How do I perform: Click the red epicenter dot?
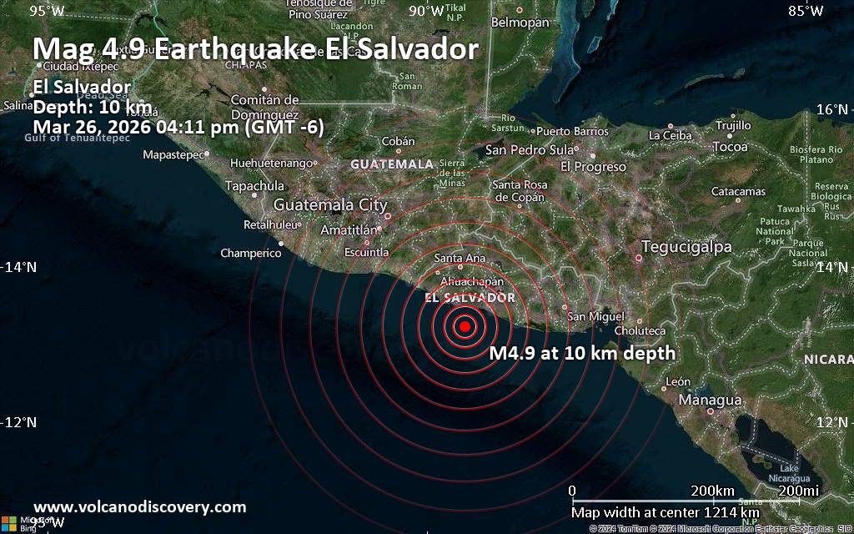pyautogui.click(x=465, y=326)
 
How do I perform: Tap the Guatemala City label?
pyautogui.click(x=330, y=204)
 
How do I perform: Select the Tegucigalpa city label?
pyautogui.click(x=686, y=247)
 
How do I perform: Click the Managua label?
pyautogui.click(x=711, y=400)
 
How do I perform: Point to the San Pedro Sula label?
pyautogui.click(x=530, y=150)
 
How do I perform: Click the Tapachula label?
pyautogui.click(x=254, y=186)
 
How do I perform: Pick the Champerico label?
pyautogui.click(x=251, y=253)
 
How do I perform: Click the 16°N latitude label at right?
pyautogui.click(x=831, y=109)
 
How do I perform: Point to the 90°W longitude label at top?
pyautogui.click(x=426, y=11)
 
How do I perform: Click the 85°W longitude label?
pyautogui.click(x=806, y=11)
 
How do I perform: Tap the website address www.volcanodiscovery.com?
pyautogui.click(x=139, y=506)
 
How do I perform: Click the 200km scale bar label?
pyautogui.click(x=712, y=490)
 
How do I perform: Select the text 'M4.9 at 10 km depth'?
pyautogui.click(x=582, y=354)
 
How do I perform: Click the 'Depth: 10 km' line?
pyautogui.click(x=93, y=107)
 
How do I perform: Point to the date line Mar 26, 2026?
pyautogui.click(x=178, y=127)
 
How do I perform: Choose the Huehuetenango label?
pyautogui.click(x=274, y=163)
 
